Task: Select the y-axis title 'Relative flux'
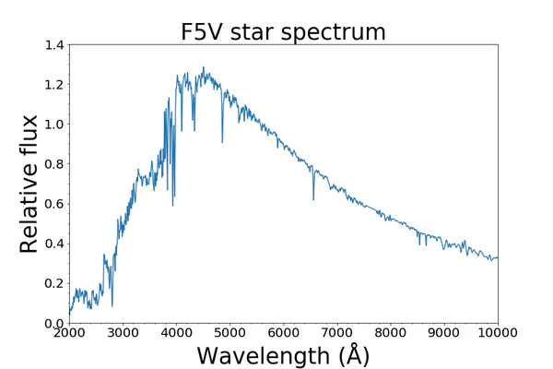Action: tap(29, 184)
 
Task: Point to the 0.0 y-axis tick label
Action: tap(53, 323)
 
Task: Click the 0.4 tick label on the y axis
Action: tap(53, 244)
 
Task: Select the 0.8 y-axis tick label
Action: tap(53, 164)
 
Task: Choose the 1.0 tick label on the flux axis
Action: tap(53, 125)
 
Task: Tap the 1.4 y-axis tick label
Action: tap(53, 44)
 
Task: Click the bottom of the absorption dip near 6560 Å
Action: tap(313, 199)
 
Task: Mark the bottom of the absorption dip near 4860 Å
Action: tap(222, 141)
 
